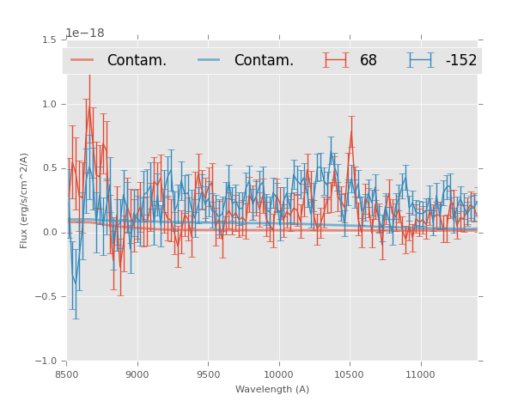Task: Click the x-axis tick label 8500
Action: (x=66, y=374)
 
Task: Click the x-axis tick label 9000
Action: (x=137, y=374)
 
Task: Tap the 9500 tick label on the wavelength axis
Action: (x=208, y=374)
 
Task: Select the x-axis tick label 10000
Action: (x=278, y=374)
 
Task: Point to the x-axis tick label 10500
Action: (x=350, y=374)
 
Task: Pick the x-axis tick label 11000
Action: (x=420, y=374)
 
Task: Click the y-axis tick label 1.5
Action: (x=50, y=39)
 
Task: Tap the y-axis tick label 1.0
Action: (x=50, y=104)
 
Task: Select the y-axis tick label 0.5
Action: (x=50, y=168)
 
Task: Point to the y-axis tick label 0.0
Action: (x=50, y=233)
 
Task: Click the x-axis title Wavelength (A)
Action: (x=272, y=389)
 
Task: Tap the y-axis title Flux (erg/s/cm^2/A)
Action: (x=25, y=200)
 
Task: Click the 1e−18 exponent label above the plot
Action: (x=84, y=33)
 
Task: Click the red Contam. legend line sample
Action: (x=82, y=60)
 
